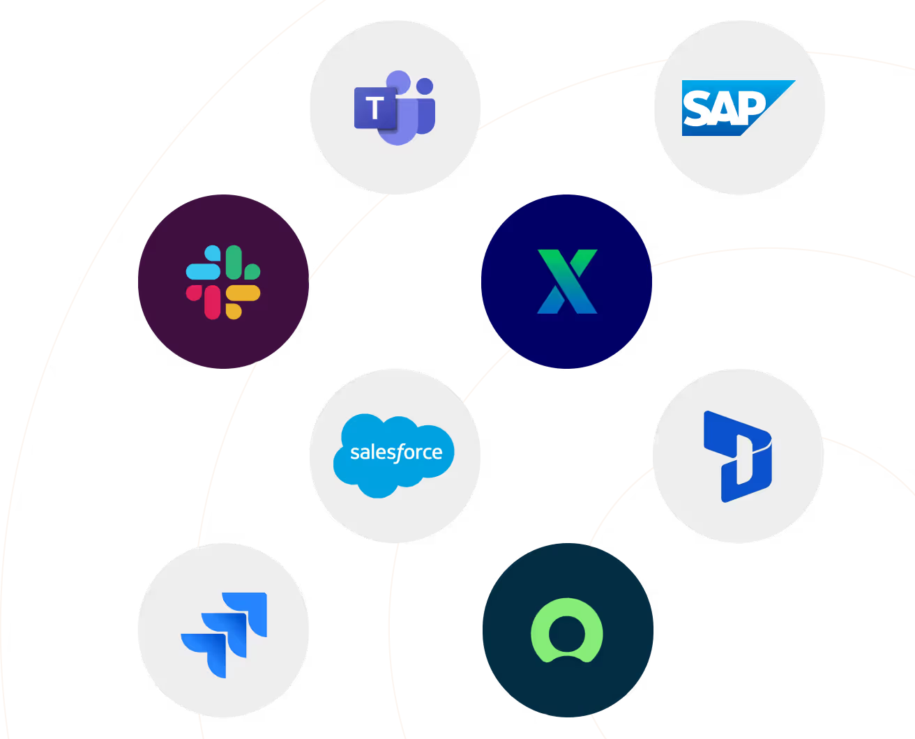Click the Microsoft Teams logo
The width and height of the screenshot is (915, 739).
point(395,107)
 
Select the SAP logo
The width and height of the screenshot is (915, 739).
point(738,108)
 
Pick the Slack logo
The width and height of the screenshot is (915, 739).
point(223,282)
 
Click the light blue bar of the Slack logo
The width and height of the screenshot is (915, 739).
point(204,271)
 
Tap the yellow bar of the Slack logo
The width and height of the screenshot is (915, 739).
point(243,294)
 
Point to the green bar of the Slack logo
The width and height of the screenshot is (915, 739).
point(234,261)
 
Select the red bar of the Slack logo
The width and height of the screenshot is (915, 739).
point(212,302)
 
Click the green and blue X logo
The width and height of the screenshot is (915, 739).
point(567,282)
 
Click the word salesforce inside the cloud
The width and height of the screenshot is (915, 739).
point(395,452)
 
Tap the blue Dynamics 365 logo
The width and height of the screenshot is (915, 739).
point(738,456)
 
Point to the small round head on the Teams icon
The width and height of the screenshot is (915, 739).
point(425,86)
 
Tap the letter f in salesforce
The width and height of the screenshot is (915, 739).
point(400,453)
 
